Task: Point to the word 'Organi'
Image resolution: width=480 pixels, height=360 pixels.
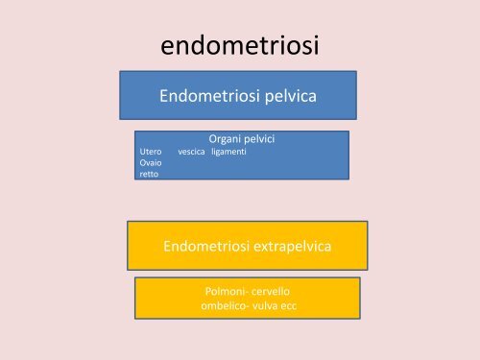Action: click(x=224, y=139)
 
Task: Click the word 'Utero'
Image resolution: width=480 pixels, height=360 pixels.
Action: click(x=150, y=152)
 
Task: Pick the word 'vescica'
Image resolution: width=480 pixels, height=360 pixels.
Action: click(x=191, y=152)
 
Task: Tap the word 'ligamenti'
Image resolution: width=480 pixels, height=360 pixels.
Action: click(x=229, y=152)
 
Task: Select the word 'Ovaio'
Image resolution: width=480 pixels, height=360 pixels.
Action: click(x=150, y=163)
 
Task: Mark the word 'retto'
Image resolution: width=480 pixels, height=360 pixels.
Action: click(x=149, y=175)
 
